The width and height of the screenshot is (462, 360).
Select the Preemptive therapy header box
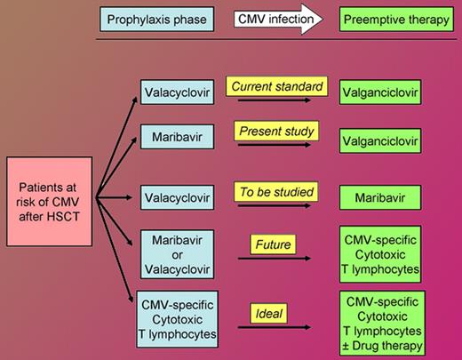[x=394, y=19]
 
